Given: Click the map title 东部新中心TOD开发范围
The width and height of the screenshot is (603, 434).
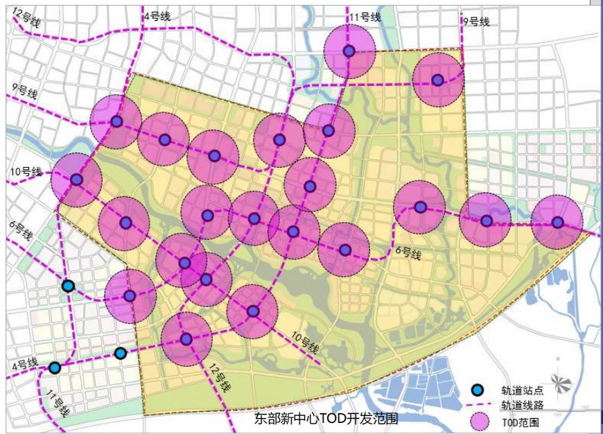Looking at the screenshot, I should [326, 419].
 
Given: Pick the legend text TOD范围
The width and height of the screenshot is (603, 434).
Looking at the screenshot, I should [521, 422].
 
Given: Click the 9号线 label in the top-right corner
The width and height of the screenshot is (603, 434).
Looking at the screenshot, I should [475, 21].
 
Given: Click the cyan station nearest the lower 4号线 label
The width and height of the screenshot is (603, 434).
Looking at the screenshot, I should [55, 367].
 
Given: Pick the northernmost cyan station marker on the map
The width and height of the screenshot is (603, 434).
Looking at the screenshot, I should [68, 286].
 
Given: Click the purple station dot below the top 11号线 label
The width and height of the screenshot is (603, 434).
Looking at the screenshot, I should [349, 51].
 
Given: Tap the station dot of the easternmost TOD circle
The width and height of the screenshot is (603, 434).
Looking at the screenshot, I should [557, 223].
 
